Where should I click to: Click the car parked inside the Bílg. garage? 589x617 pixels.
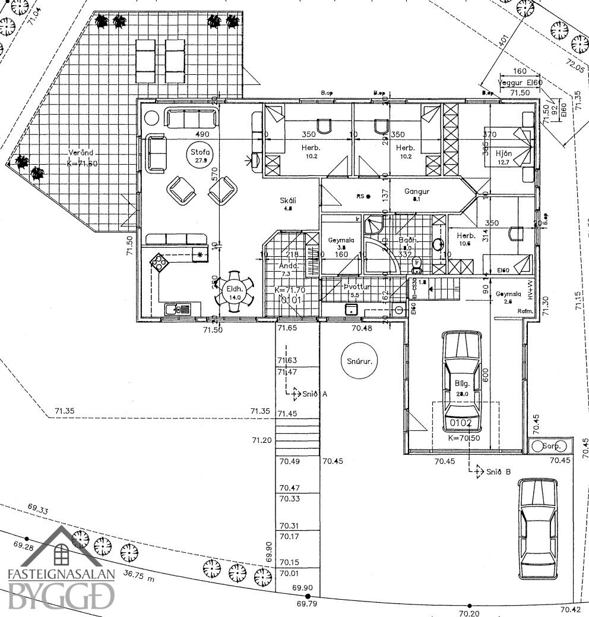(x=461, y=376)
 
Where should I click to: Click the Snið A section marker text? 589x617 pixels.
(x=315, y=394)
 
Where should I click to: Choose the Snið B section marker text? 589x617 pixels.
(x=498, y=472)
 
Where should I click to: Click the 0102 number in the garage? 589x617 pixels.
(x=461, y=424)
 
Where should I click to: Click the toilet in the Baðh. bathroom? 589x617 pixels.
(x=417, y=263)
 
